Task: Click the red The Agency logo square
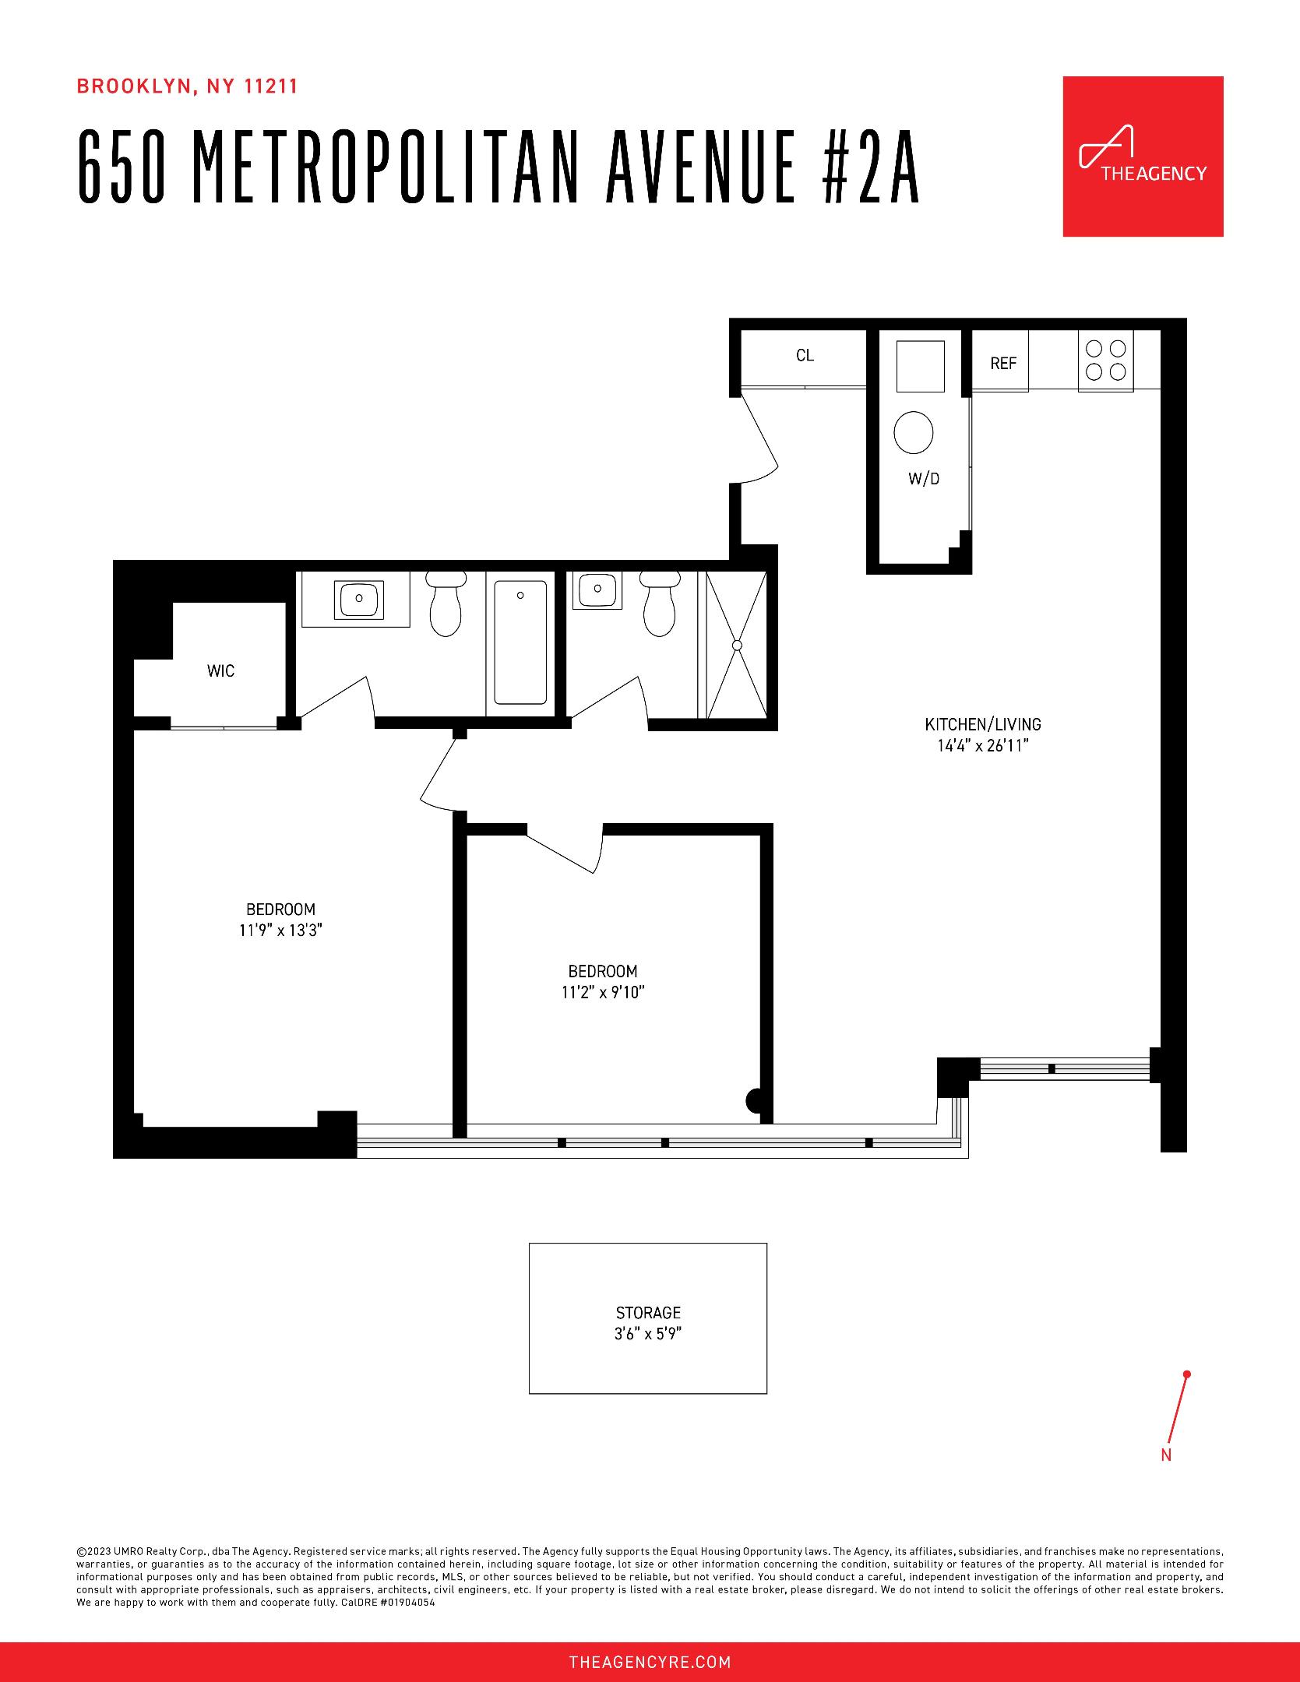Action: click(1143, 157)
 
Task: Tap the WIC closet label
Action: click(220, 670)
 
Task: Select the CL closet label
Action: click(805, 356)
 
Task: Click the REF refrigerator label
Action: click(1003, 363)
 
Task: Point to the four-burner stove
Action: click(1106, 360)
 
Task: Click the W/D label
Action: click(924, 479)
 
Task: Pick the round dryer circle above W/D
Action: click(914, 433)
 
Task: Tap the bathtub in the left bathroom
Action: click(520, 642)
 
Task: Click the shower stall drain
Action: click(737, 646)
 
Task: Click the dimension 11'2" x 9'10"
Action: click(603, 992)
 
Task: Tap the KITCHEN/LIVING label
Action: click(983, 724)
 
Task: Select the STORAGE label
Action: click(648, 1313)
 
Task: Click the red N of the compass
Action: click(1166, 1455)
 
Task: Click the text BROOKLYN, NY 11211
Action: click(187, 86)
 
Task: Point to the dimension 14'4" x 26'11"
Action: click(983, 746)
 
